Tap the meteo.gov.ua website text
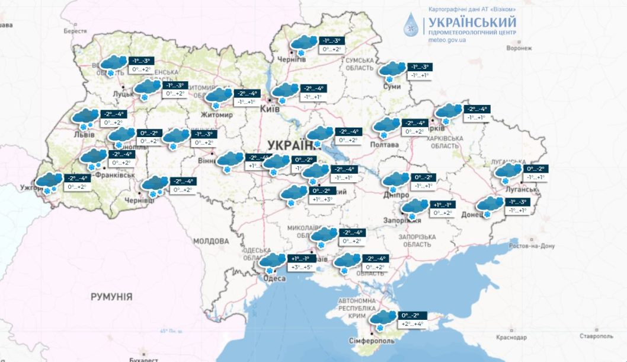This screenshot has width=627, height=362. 447,40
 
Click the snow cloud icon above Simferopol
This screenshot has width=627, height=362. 383,319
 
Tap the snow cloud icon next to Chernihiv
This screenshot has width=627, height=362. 303,44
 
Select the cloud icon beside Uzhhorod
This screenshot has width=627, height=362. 49,181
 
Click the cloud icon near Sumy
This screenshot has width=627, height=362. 392,70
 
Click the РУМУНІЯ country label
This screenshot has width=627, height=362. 111,297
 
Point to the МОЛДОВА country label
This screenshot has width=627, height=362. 210,242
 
